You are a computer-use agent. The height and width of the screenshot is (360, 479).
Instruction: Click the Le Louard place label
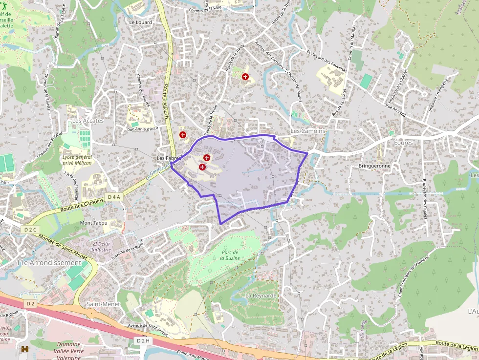tap(140, 22)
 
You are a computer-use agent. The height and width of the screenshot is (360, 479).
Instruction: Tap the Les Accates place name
tap(88, 121)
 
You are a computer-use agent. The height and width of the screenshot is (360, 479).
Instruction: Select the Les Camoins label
tap(307, 131)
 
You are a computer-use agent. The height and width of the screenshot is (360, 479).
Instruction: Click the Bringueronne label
tap(374, 166)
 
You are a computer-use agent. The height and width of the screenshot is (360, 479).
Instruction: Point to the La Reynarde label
tap(261, 296)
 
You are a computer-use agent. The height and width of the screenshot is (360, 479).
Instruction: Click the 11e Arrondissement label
tap(49, 263)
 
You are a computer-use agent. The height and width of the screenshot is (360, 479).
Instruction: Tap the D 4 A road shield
tap(113, 197)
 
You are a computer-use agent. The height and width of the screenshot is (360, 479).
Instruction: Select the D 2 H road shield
tap(143, 340)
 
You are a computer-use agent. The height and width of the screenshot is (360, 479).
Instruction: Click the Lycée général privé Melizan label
tap(77, 160)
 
